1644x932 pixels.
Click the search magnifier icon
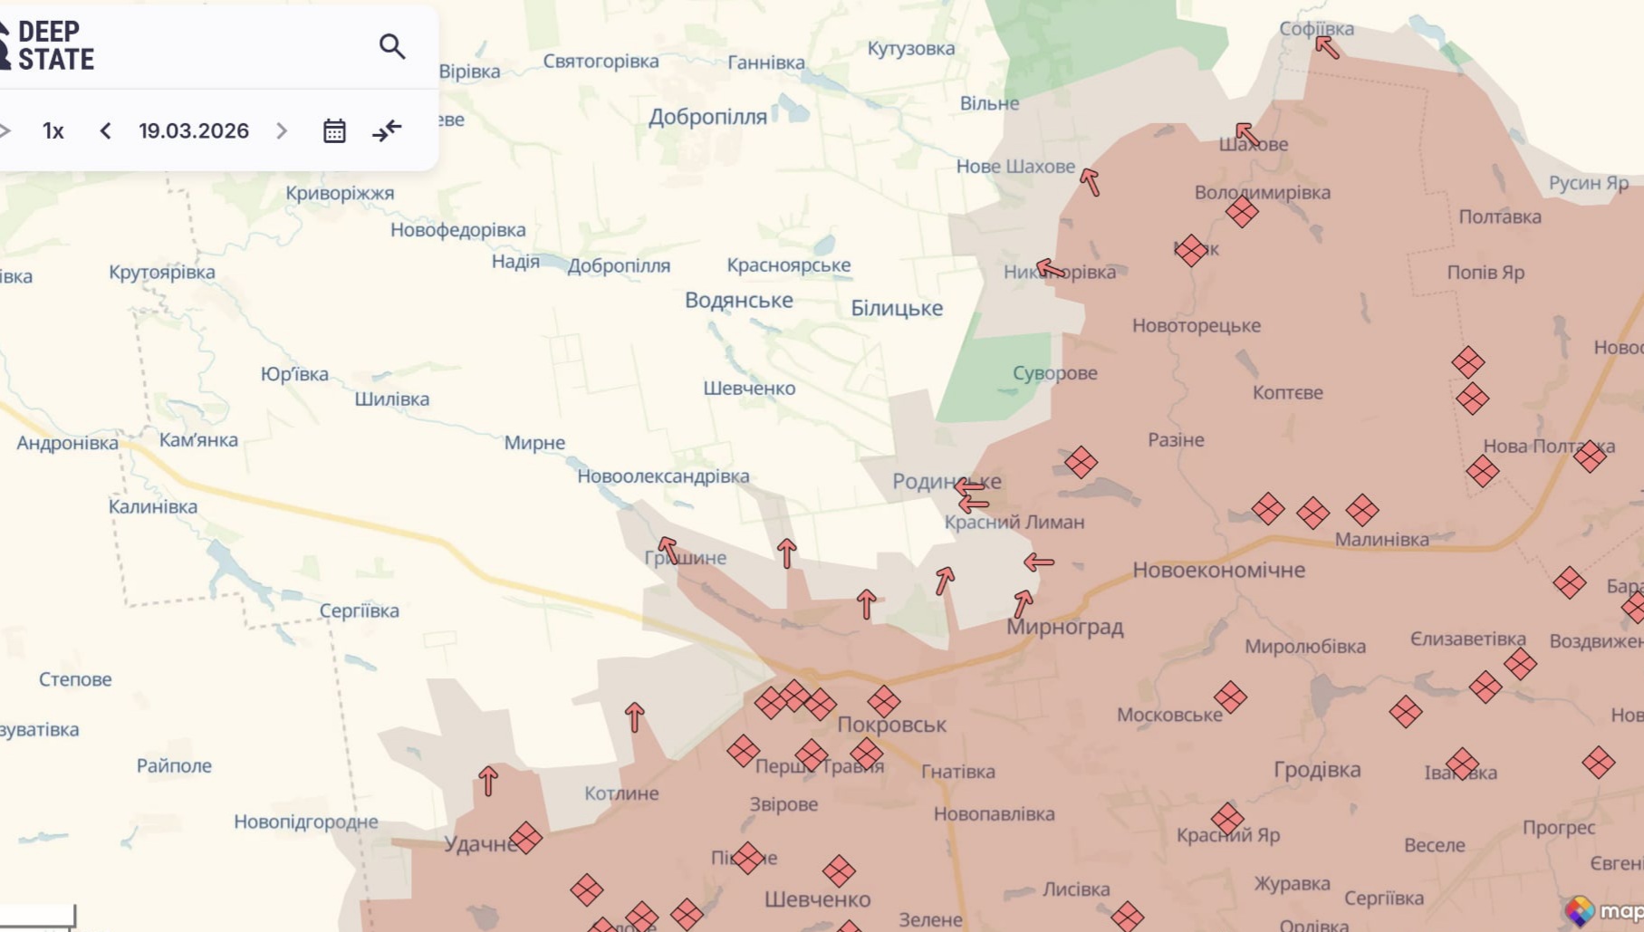[391, 46]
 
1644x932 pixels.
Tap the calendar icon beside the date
[334, 131]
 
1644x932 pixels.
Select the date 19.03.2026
[194, 131]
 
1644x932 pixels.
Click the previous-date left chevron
[105, 131]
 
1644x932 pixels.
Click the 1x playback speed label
[53, 131]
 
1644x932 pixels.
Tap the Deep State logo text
[54, 45]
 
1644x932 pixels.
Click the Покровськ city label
[891, 725]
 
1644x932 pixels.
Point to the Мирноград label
[1064, 627]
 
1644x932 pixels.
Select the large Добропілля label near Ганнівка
[707, 117]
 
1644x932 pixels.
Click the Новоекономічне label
[1218, 570]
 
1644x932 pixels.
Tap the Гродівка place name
[1317, 770]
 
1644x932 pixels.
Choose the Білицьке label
[897, 308]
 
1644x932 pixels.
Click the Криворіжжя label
[340, 193]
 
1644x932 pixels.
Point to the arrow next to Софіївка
[1327, 46]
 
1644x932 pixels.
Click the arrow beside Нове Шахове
[1090, 182]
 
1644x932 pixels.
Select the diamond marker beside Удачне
[525, 838]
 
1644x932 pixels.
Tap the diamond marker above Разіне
[1081, 463]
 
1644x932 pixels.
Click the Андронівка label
[67, 443]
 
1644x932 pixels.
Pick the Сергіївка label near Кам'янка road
[359, 610]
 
